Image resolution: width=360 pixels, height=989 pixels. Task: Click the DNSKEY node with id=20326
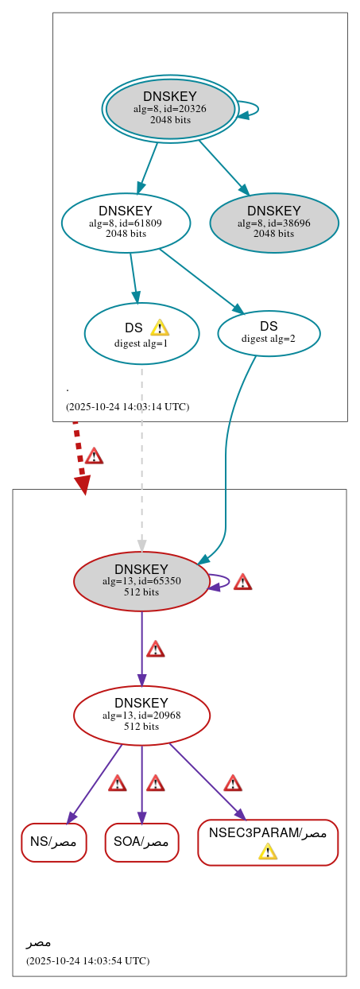[x=170, y=109]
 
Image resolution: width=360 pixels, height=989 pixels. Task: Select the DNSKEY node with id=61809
[x=126, y=223]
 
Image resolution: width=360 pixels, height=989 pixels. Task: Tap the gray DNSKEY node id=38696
[x=274, y=223]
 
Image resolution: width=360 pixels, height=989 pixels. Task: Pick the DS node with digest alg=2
[x=269, y=332]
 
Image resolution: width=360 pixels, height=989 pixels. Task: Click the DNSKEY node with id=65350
[x=141, y=581]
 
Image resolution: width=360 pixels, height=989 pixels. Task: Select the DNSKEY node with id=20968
[x=141, y=715]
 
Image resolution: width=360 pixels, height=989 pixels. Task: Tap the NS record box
[x=53, y=842]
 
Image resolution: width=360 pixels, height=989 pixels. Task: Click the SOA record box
[x=141, y=842]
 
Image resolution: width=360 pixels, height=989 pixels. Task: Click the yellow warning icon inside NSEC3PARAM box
[x=268, y=851]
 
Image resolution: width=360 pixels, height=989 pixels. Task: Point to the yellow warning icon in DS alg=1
[x=159, y=328]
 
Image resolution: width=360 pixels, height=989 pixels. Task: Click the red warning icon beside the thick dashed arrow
[x=95, y=456]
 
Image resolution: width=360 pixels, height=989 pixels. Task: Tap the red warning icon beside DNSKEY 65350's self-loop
[x=242, y=582]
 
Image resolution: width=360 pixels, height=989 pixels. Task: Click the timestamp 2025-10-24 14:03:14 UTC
[x=127, y=406]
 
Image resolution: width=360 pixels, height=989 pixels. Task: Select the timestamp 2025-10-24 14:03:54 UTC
[x=87, y=960]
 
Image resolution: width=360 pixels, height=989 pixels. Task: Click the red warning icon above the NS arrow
[x=118, y=783]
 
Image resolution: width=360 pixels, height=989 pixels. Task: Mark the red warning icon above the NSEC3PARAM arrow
[x=232, y=783]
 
